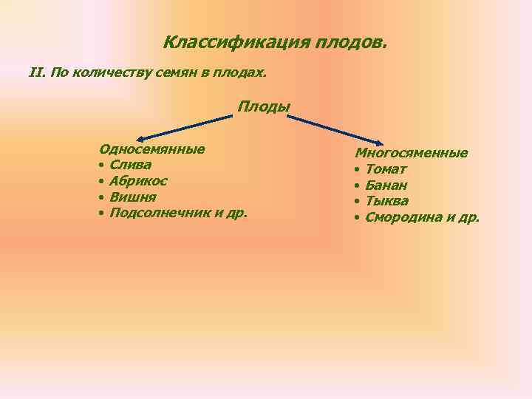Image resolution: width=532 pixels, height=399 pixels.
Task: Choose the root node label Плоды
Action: click(x=264, y=106)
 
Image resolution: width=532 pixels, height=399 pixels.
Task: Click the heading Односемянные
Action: click(x=152, y=149)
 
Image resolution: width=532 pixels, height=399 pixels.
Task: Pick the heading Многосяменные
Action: click(x=411, y=153)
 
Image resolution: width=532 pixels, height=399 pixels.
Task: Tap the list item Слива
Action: click(x=130, y=165)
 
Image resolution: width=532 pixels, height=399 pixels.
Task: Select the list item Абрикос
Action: click(x=138, y=181)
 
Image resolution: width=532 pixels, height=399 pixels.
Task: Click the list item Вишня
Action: click(x=132, y=197)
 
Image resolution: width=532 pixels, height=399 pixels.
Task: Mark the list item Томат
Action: click(x=386, y=169)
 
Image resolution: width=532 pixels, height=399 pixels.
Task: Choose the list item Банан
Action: click(x=386, y=185)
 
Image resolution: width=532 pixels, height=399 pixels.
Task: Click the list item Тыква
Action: click(x=387, y=201)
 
